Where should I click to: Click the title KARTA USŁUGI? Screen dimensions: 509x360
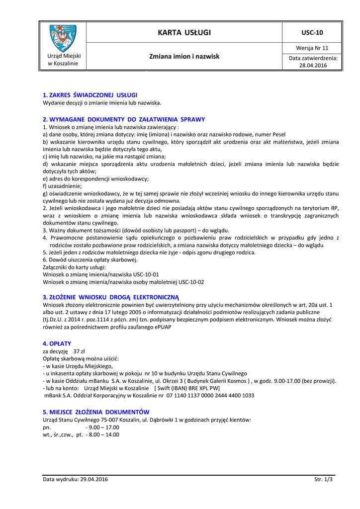point(184,33)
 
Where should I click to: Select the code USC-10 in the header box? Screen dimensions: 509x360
point(312,33)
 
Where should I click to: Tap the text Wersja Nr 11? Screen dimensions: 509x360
point(312,48)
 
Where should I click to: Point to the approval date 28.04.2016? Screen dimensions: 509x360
point(313,65)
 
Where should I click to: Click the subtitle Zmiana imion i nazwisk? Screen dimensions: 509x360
point(184,57)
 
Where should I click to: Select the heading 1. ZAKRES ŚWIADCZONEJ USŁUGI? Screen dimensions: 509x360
point(90,94)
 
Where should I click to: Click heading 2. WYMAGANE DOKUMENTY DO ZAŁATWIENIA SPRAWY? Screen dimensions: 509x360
point(124,119)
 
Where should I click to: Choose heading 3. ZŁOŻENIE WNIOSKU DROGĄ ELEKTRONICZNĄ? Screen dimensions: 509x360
point(110,297)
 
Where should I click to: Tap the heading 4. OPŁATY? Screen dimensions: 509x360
point(57,343)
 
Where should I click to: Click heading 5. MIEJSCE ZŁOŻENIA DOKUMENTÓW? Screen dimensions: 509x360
point(96,412)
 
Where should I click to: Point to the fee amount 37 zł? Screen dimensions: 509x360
point(79,351)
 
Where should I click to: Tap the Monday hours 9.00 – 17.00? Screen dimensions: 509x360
point(102,427)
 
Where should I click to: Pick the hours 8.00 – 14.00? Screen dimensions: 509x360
point(102,434)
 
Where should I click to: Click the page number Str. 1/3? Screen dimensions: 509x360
point(323,479)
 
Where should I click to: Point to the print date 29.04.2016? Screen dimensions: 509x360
point(91,479)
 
